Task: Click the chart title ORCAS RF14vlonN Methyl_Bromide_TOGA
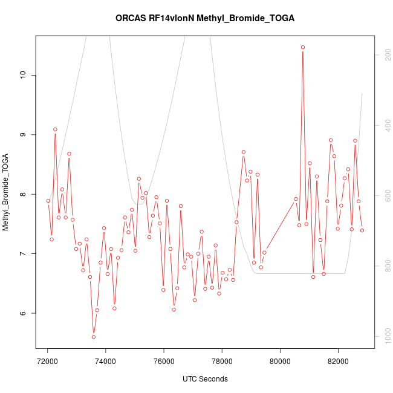(205, 18)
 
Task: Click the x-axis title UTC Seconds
(205, 379)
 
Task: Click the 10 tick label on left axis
(24, 75)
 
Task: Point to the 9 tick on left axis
(24, 134)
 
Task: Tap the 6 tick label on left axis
(24, 313)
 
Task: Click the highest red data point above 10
(303, 47)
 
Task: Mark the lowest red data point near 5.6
(94, 337)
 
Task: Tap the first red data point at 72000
(48, 201)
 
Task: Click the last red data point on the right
(362, 230)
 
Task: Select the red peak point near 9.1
(55, 129)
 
